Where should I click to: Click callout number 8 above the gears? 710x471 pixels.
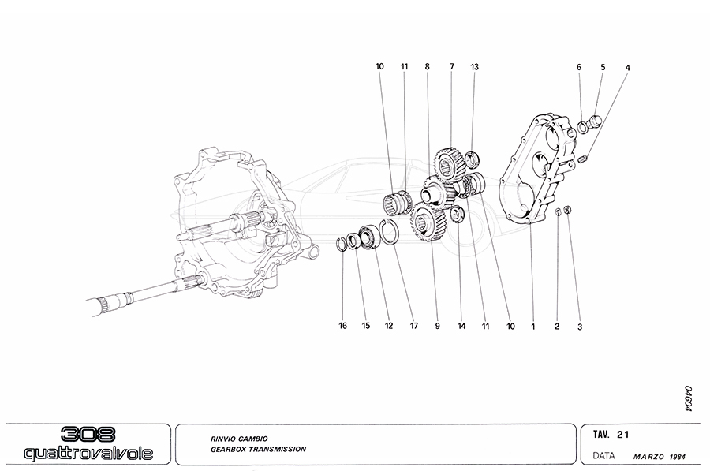tap(428, 67)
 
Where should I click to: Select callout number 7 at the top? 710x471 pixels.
tap(452, 67)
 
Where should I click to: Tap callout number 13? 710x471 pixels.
tap(474, 67)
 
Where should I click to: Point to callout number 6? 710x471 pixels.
tap(579, 67)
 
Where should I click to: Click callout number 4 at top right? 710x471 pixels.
tap(627, 67)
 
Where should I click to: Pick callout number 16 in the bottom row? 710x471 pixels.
tap(343, 325)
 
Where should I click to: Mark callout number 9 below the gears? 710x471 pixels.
tap(436, 325)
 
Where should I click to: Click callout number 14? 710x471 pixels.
tap(461, 325)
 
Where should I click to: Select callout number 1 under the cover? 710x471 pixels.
tap(533, 325)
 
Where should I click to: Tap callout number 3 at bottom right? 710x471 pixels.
tap(579, 325)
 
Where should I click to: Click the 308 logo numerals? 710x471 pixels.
tap(87, 435)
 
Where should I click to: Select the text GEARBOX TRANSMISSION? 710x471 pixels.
tap(258, 449)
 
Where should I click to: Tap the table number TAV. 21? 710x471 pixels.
tap(610, 434)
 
